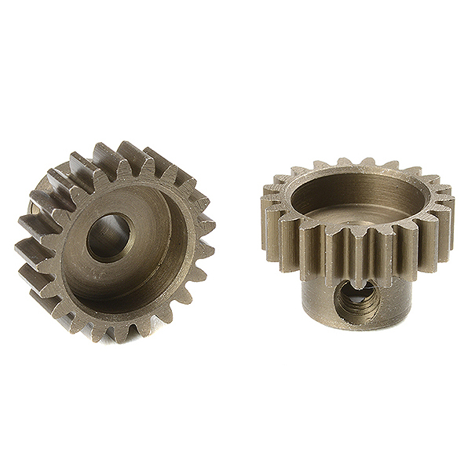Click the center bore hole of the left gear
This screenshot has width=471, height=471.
pyautogui.click(x=108, y=237)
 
